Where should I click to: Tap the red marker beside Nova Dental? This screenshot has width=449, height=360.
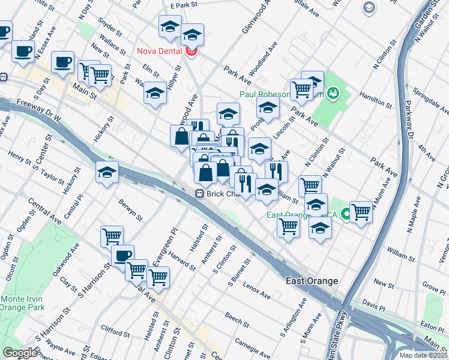[192, 52]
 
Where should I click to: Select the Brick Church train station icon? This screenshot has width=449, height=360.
[199, 194]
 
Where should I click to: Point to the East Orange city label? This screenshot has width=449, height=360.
[312, 281]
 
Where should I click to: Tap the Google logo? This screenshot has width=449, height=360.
[20, 353]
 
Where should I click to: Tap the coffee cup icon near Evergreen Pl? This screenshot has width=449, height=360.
[122, 256]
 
